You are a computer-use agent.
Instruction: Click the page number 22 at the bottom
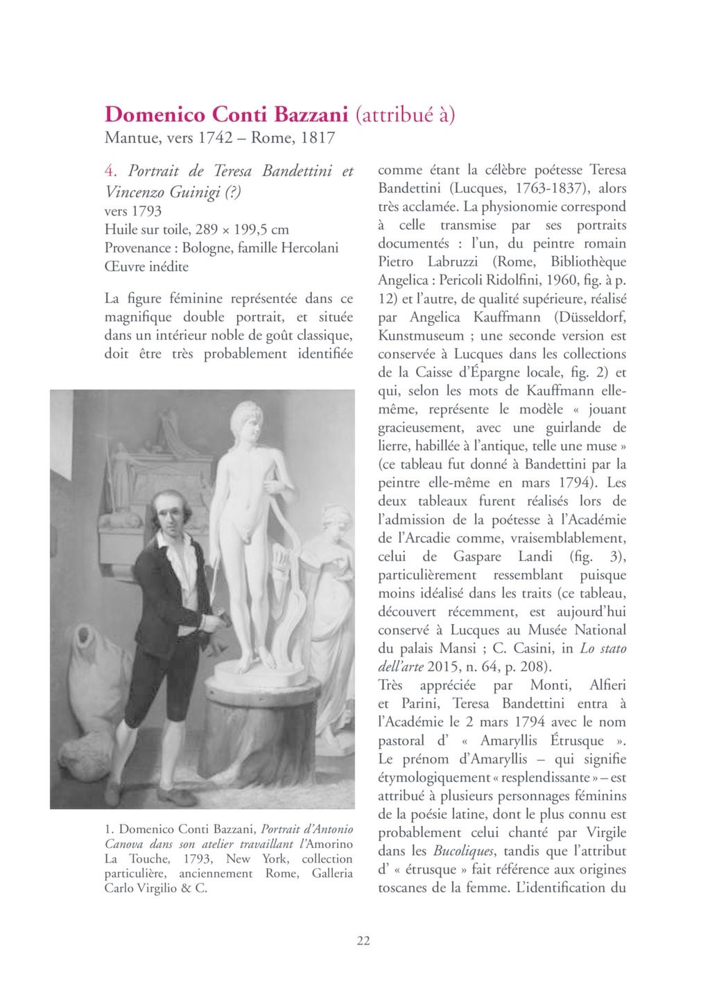[x=363, y=940]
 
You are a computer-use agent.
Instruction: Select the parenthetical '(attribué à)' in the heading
[x=405, y=114]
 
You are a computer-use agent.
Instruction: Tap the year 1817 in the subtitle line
[x=318, y=137]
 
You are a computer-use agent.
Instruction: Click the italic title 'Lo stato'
[x=603, y=648]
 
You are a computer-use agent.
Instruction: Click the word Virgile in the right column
[x=601, y=832]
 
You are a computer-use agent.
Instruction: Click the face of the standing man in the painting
[x=168, y=511]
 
